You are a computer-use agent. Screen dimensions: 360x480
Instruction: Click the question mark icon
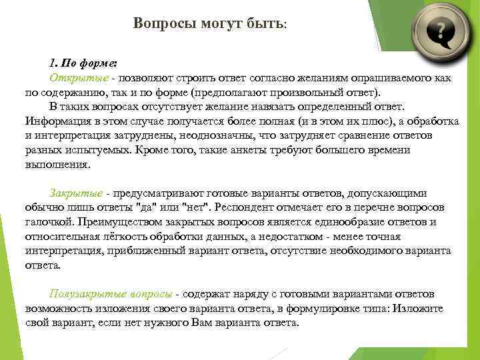pos(439,31)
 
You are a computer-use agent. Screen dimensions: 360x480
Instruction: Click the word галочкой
pos(50,221)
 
